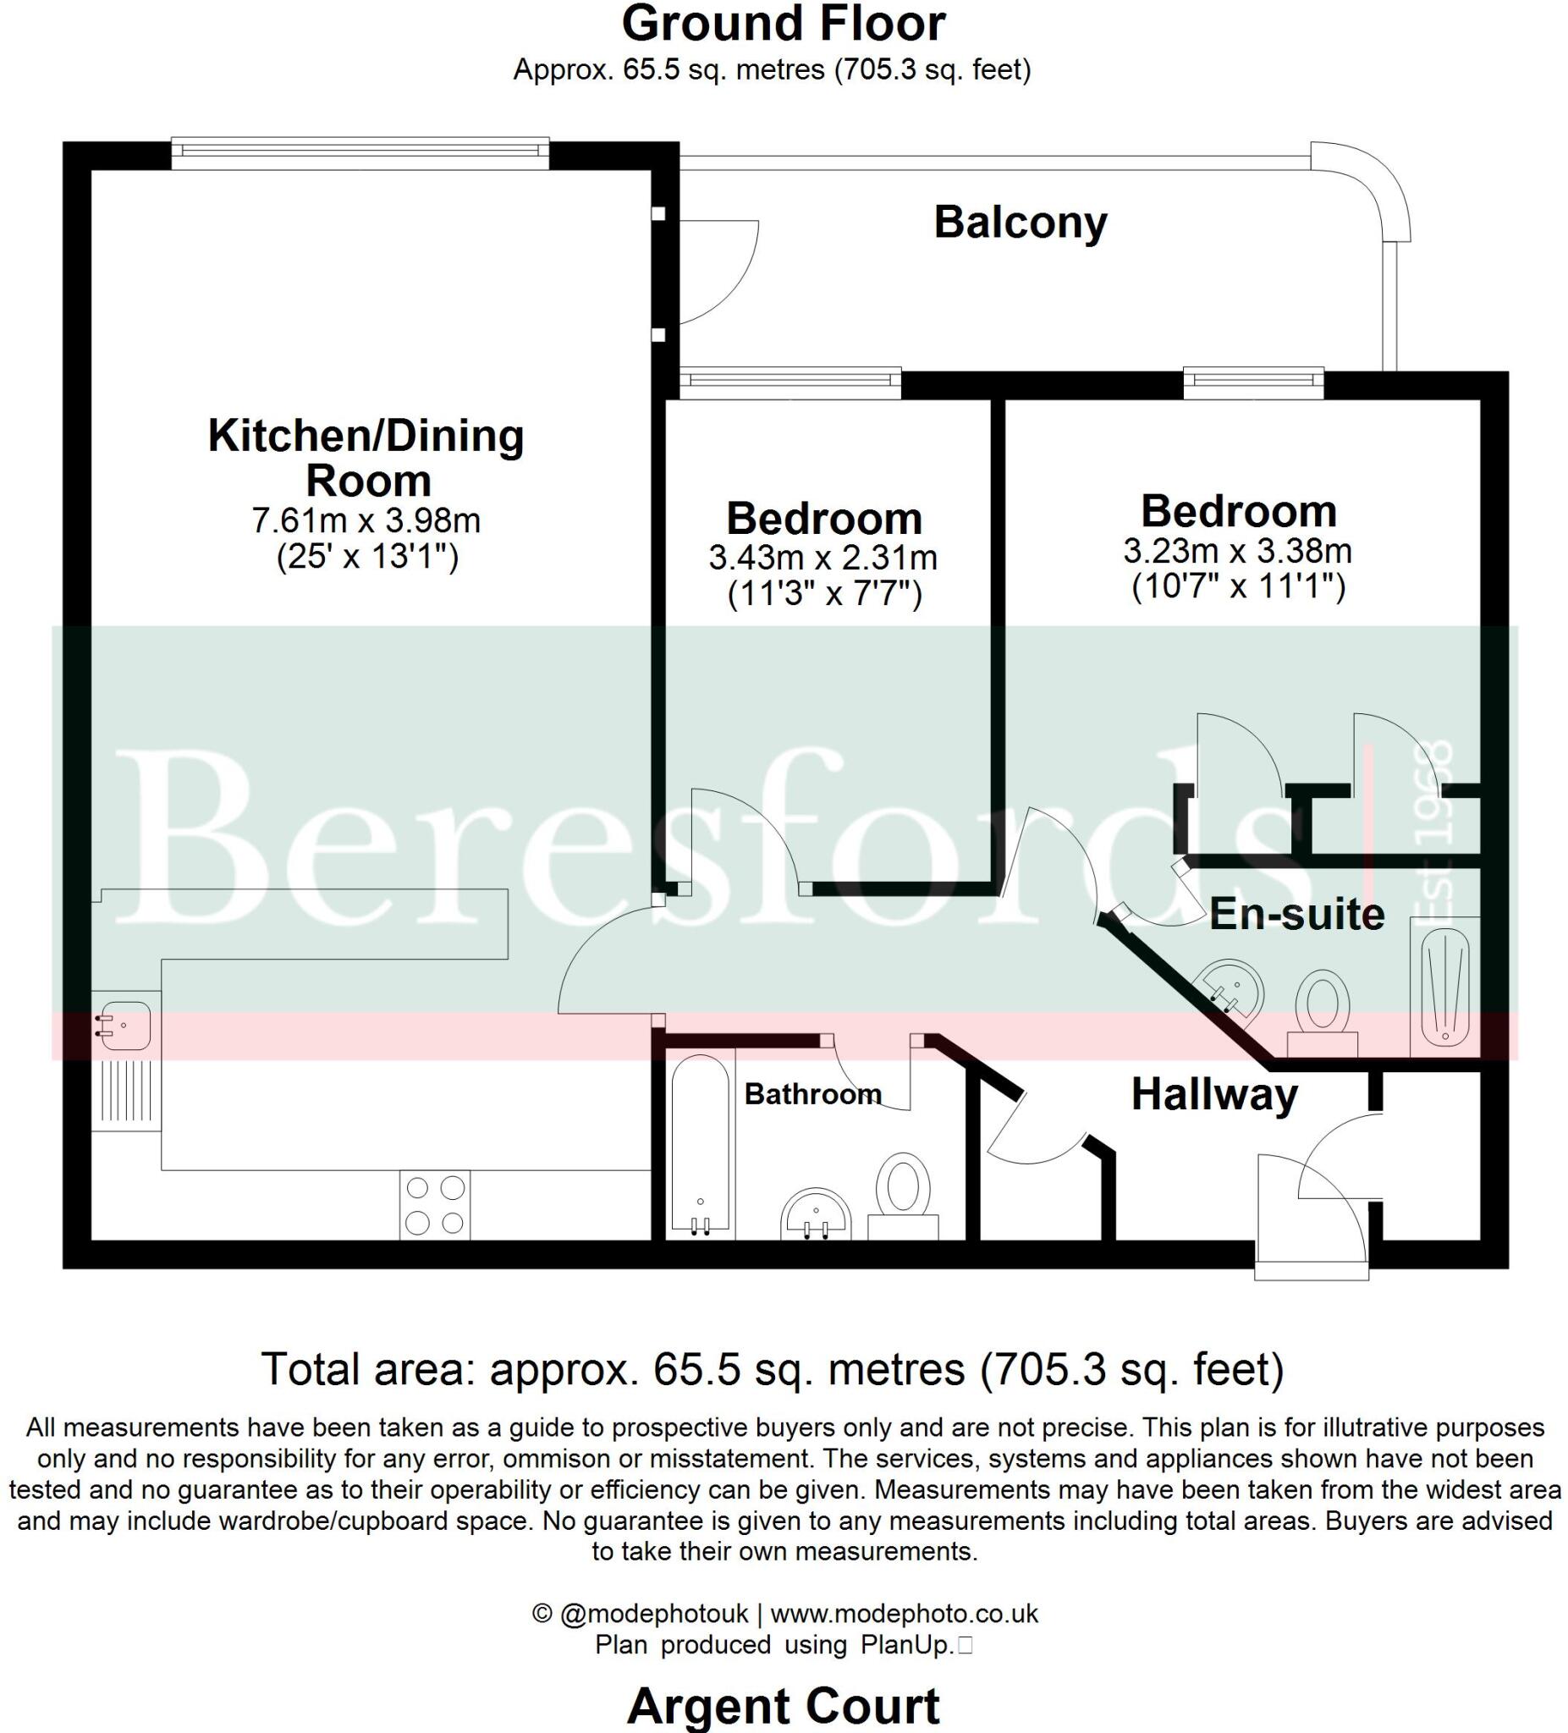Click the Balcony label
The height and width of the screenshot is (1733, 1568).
(x=1020, y=223)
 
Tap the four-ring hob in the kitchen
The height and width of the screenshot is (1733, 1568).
(x=434, y=1205)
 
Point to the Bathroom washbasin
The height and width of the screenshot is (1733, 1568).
(x=816, y=1215)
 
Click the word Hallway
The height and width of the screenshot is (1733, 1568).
(x=1213, y=1094)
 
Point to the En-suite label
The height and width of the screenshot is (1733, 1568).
(x=1296, y=915)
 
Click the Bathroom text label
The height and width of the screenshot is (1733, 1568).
(x=812, y=1093)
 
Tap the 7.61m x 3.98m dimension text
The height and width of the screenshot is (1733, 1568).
(x=366, y=520)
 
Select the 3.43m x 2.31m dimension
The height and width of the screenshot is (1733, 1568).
(x=823, y=558)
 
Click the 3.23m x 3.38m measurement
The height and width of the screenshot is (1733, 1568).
(x=1237, y=550)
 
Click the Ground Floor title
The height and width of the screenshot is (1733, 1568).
(x=783, y=24)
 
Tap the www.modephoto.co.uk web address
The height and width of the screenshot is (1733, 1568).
(x=904, y=1614)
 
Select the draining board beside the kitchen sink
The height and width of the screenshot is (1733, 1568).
(x=125, y=1092)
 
